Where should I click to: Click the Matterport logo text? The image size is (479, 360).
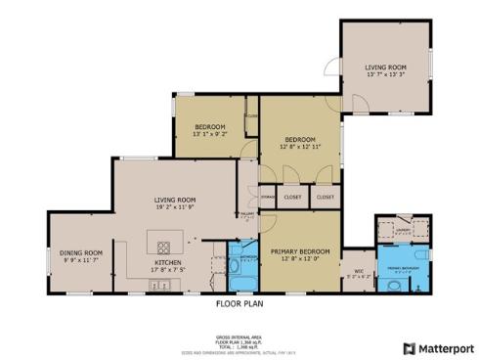[x=442, y=348]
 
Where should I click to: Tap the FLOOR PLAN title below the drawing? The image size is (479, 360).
[x=239, y=303]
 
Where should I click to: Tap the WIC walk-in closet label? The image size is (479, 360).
[x=359, y=270]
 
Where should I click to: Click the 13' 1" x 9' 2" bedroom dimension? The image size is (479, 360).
[x=210, y=135]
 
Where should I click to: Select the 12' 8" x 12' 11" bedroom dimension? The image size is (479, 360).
[x=300, y=146]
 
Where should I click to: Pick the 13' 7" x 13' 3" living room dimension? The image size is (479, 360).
[x=385, y=74]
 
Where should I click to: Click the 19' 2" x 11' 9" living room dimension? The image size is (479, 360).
[x=173, y=206]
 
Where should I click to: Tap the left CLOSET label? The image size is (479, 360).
[x=292, y=197]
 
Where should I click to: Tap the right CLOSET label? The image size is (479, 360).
[x=325, y=197]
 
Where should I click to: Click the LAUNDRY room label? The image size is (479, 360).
[x=403, y=231]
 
